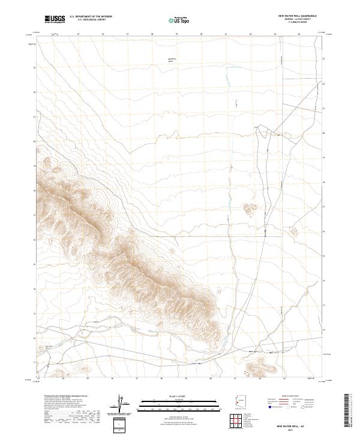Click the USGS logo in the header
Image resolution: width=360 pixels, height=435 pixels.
coord(55,20)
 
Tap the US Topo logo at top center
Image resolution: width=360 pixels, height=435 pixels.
coord(173,20)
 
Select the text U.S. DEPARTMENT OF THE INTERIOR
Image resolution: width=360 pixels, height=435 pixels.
coord(90,17)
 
